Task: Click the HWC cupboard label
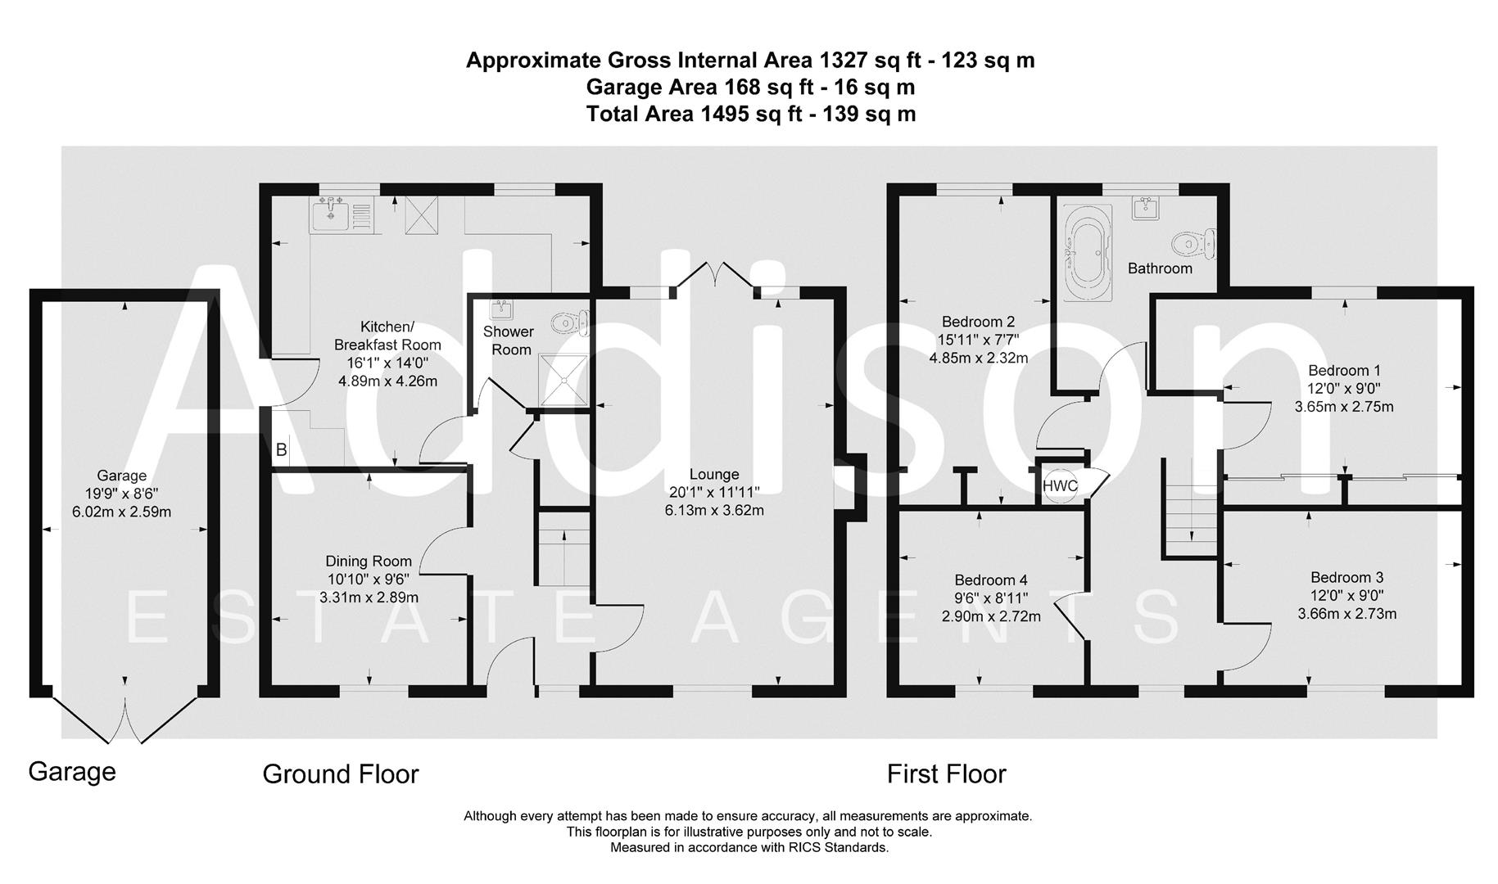[x=1060, y=485]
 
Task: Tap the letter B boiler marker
[x=281, y=449]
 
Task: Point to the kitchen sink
[x=332, y=215]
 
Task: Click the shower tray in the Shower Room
[x=563, y=381]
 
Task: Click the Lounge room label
[x=713, y=474]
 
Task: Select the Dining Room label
[x=369, y=562]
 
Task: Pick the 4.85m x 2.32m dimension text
[x=978, y=358]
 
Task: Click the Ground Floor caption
[x=340, y=774]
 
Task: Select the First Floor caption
[x=946, y=774]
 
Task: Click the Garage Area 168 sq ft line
[x=749, y=87]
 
